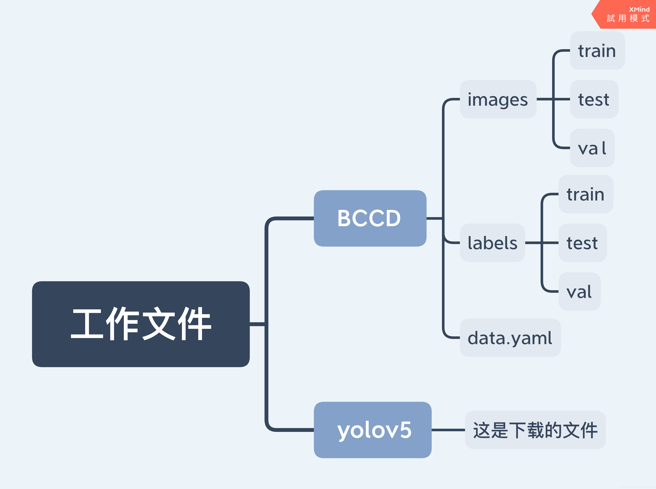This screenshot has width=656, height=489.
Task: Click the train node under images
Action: pyautogui.click(x=597, y=51)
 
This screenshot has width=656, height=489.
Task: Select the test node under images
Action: pyautogui.click(x=594, y=99)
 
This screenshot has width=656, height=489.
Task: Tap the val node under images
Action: pyautogui.click(x=592, y=148)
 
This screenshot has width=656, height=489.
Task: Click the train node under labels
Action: pyautogui.click(x=586, y=194)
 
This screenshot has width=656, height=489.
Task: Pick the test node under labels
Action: pyautogui.click(x=582, y=243)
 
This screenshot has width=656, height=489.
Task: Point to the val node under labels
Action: pyautogui.click(x=579, y=292)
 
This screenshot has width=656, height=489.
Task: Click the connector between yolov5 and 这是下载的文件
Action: pyautogui.click(x=448, y=430)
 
